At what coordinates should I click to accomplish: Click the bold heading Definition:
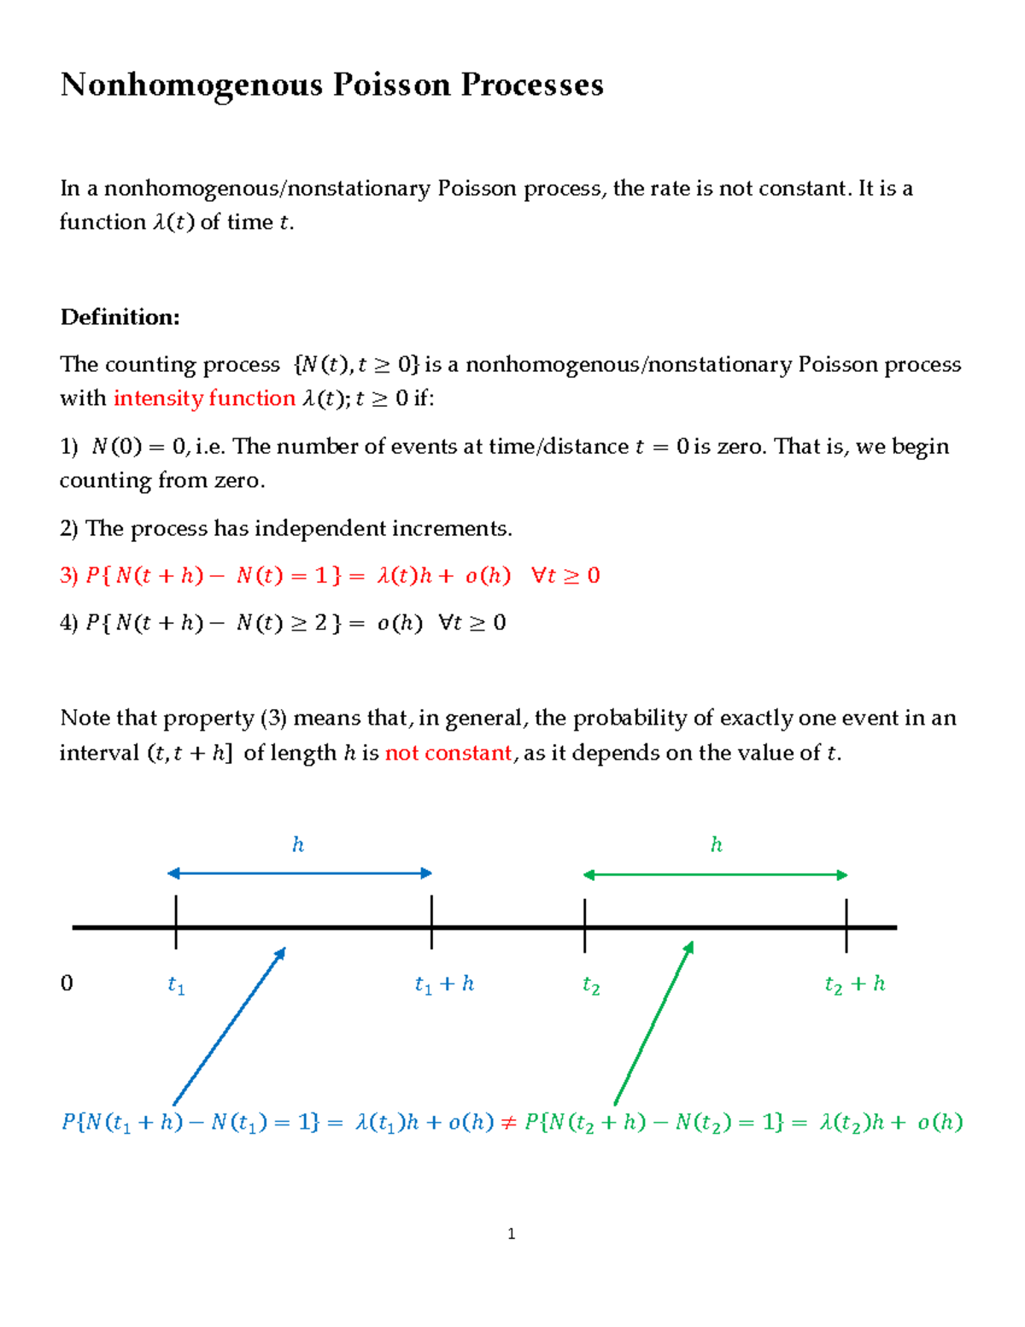120,317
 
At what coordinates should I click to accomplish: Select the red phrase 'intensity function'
204,398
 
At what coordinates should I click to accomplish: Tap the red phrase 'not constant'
448,753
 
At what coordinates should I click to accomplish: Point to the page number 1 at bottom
511,1233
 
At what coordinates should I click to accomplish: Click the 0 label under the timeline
67,984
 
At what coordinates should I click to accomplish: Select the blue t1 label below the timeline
176,986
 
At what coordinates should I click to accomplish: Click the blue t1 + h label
443,984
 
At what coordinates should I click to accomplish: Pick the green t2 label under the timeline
591,986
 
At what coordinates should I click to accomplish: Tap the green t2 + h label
854,984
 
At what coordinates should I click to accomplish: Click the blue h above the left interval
298,845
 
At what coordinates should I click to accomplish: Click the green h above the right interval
717,845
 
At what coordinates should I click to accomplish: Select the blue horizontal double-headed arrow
300,873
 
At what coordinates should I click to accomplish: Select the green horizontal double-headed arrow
715,875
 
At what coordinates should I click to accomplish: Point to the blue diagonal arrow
229,1026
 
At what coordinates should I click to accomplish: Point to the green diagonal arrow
653,1024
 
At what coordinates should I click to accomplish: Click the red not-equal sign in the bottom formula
508,1123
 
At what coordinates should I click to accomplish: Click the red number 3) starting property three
69,576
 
